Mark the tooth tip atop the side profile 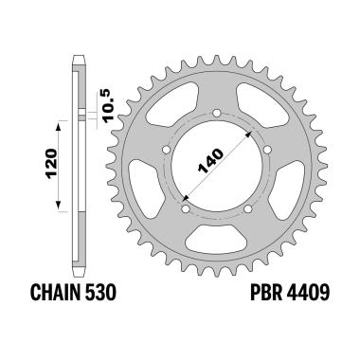point(79,45)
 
